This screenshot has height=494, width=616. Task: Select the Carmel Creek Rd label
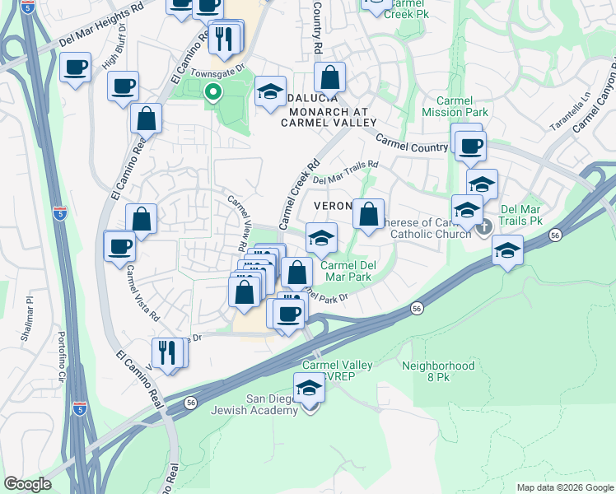(x=298, y=194)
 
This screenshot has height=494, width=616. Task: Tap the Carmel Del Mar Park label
(x=346, y=271)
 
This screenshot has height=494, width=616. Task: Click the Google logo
(x=28, y=484)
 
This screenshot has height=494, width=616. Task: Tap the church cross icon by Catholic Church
(x=483, y=225)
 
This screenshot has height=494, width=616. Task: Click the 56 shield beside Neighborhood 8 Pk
(x=418, y=308)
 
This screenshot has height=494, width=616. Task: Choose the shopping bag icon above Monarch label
(x=329, y=78)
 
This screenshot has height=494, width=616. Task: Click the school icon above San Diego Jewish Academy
(x=309, y=386)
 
